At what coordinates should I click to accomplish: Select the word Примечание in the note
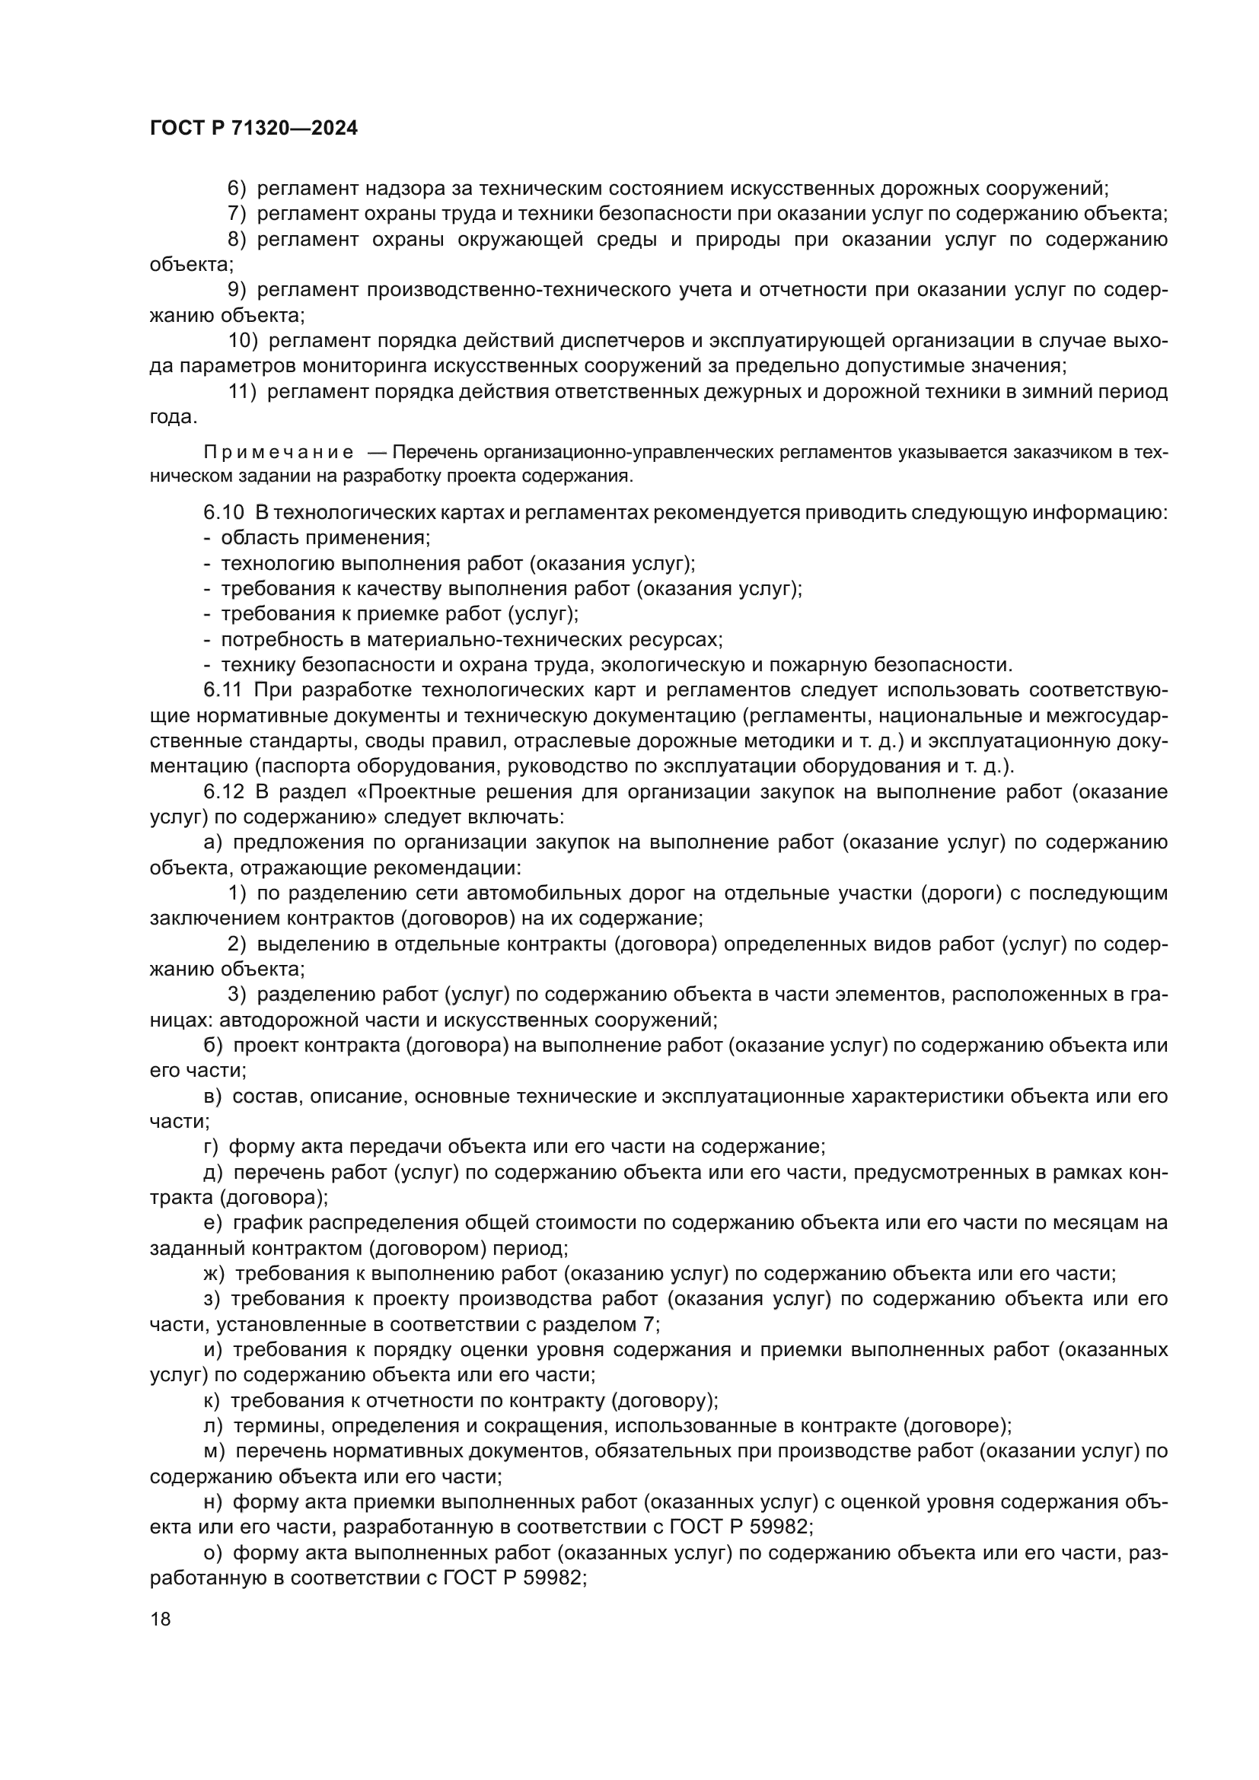279,453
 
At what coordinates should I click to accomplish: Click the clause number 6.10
224,512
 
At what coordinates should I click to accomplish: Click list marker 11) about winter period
243,391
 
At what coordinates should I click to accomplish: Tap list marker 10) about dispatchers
244,340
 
